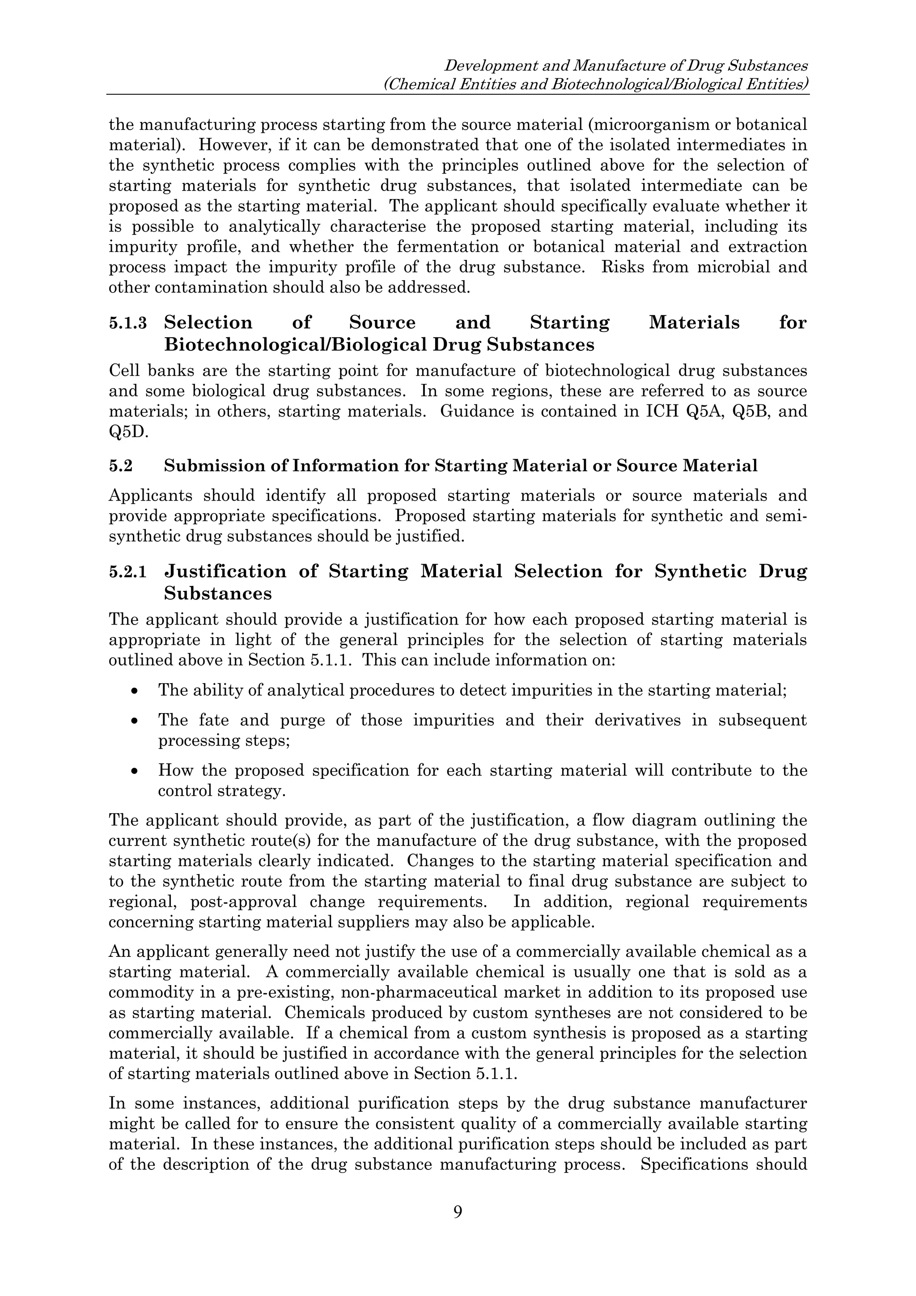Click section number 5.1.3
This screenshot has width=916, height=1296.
127,323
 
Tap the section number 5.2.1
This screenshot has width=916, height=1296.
127,572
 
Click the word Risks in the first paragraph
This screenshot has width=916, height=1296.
621,267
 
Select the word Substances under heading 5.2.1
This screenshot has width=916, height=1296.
218,593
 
